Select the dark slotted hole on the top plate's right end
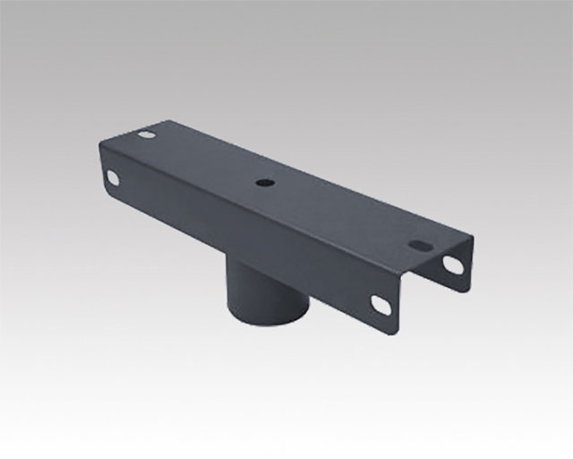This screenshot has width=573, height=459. [x=421, y=243]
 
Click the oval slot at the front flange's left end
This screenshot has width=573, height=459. [x=113, y=177]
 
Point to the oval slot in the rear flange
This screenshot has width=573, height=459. [x=454, y=264]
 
